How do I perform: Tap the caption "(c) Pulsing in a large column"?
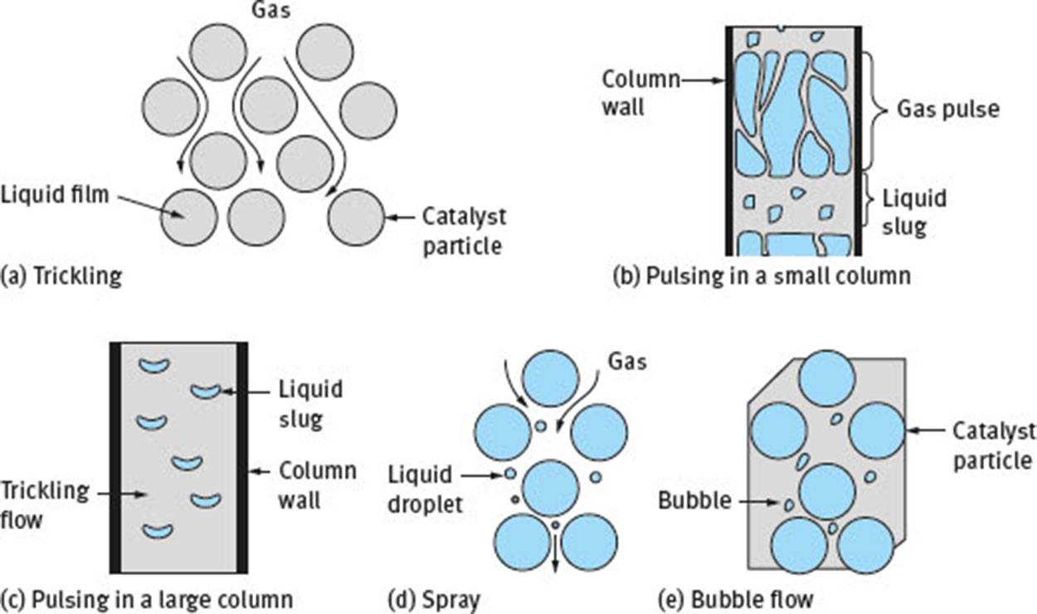(147, 597)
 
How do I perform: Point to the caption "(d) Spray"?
(433, 597)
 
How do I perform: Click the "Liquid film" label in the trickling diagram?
(55, 198)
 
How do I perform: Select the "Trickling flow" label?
(44, 503)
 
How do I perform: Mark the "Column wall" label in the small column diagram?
(640, 93)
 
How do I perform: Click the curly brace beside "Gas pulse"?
(874, 109)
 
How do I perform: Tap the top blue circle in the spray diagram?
(551, 378)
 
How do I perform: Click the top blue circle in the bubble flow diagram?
(826, 378)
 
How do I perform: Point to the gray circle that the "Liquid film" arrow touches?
(189, 217)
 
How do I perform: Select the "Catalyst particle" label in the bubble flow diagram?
(993, 445)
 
